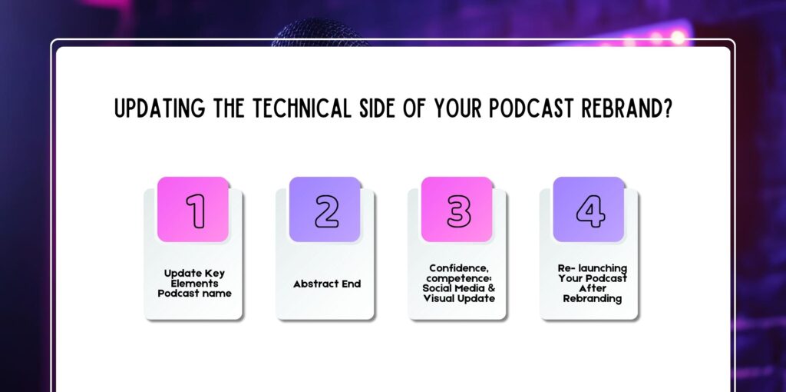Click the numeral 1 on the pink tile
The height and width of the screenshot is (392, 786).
pos(196,211)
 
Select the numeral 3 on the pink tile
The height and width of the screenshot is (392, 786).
pos(458,211)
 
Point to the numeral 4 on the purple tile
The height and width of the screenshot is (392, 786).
pos(590,211)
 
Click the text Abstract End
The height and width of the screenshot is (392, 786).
pos(326,284)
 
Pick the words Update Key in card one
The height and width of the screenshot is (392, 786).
pos(194,273)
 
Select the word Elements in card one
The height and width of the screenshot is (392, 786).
pos(194,283)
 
